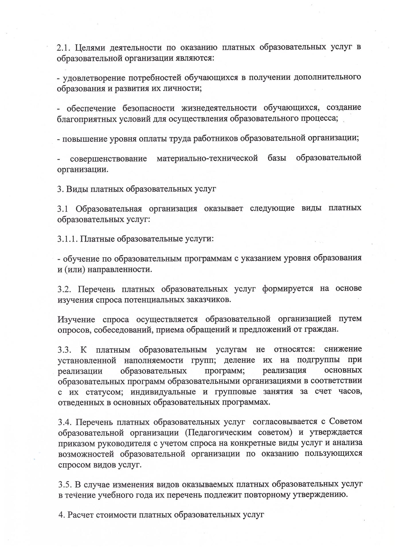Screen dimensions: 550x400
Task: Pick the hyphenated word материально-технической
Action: (207, 158)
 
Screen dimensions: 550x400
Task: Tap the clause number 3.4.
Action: (65, 422)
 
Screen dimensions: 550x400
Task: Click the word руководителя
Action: (121, 443)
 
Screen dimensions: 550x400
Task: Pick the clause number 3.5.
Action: (65, 484)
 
